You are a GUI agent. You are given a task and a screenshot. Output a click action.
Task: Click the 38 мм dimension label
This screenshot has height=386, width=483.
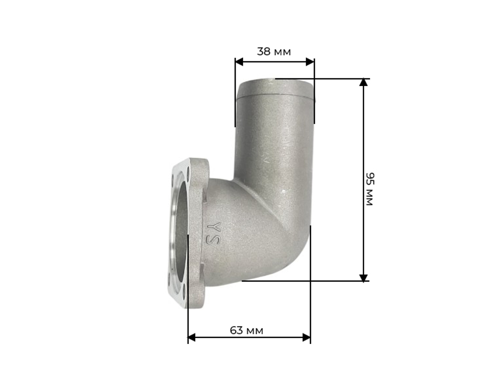pyautogui.click(x=274, y=51)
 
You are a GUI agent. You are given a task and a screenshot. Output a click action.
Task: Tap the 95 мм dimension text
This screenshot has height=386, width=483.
pyautogui.click(x=369, y=189)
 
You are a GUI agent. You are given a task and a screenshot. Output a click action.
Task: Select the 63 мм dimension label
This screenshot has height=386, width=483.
pyautogui.click(x=246, y=330)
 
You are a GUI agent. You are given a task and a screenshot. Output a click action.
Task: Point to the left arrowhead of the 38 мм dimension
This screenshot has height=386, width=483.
pyautogui.click(x=239, y=62)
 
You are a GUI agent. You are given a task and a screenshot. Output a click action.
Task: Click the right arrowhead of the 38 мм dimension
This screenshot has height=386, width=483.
pyautogui.click(x=310, y=62)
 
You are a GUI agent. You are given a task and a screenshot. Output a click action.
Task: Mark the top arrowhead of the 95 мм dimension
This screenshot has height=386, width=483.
pyautogui.click(x=364, y=82)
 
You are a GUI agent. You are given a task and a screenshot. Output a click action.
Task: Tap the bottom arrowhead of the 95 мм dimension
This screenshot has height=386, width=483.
pyautogui.click(x=364, y=278)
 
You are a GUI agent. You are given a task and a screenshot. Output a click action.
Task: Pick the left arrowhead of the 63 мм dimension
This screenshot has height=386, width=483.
pyautogui.click(x=192, y=337)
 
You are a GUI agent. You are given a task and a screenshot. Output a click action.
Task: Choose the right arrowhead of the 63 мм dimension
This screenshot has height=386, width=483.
pyautogui.click(x=307, y=337)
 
